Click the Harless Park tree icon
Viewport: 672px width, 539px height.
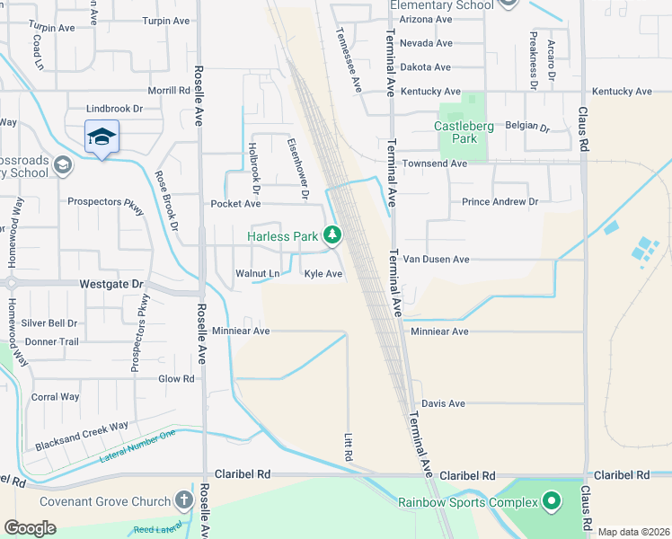click(x=333, y=236)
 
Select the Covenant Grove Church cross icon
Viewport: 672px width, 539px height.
click(x=183, y=500)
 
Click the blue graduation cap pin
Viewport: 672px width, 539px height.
click(x=102, y=137)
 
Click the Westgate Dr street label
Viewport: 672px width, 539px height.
click(x=111, y=284)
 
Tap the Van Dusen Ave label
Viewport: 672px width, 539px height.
click(x=436, y=260)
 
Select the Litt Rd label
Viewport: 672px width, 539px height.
click(x=349, y=447)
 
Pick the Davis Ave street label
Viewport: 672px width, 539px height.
click(x=443, y=404)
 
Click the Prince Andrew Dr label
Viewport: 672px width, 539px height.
click(x=500, y=202)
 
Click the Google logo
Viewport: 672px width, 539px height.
click(x=30, y=527)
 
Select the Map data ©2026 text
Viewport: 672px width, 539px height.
click(x=632, y=532)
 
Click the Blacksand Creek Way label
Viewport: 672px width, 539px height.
click(x=82, y=436)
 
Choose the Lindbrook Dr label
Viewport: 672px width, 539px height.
click(x=115, y=109)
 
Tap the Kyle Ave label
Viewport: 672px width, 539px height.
click(x=323, y=274)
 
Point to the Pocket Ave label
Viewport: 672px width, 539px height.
click(x=235, y=204)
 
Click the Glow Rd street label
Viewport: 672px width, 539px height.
click(x=176, y=379)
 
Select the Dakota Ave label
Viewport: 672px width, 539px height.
click(x=425, y=67)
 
